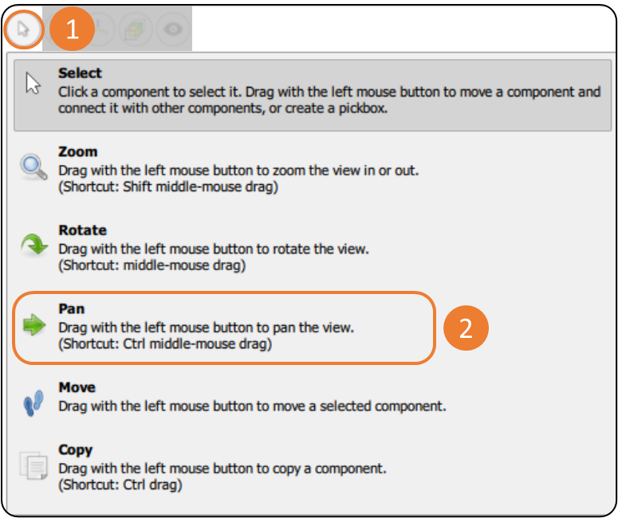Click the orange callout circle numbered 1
(x=72, y=29)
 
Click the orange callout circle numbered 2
(x=466, y=328)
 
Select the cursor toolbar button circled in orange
(x=24, y=29)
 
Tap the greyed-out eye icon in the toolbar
(x=173, y=29)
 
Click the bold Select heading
(x=80, y=73)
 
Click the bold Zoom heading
(x=78, y=151)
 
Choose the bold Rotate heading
(x=83, y=230)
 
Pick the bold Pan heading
(x=72, y=308)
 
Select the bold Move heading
(x=77, y=387)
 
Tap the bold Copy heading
(x=76, y=449)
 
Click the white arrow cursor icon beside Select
(x=33, y=83)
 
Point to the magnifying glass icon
(x=34, y=167)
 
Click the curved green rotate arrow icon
(x=34, y=244)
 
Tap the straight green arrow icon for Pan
(x=34, y=325)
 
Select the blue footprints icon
(x=33, y=403)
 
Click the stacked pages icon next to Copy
(x=33, y=465)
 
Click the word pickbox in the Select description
(x=363, y=108)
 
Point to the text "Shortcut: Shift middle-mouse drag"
(x=169, y=186)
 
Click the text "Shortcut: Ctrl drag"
(x=120, y=485)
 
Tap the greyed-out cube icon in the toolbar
(x=136, y=29)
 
